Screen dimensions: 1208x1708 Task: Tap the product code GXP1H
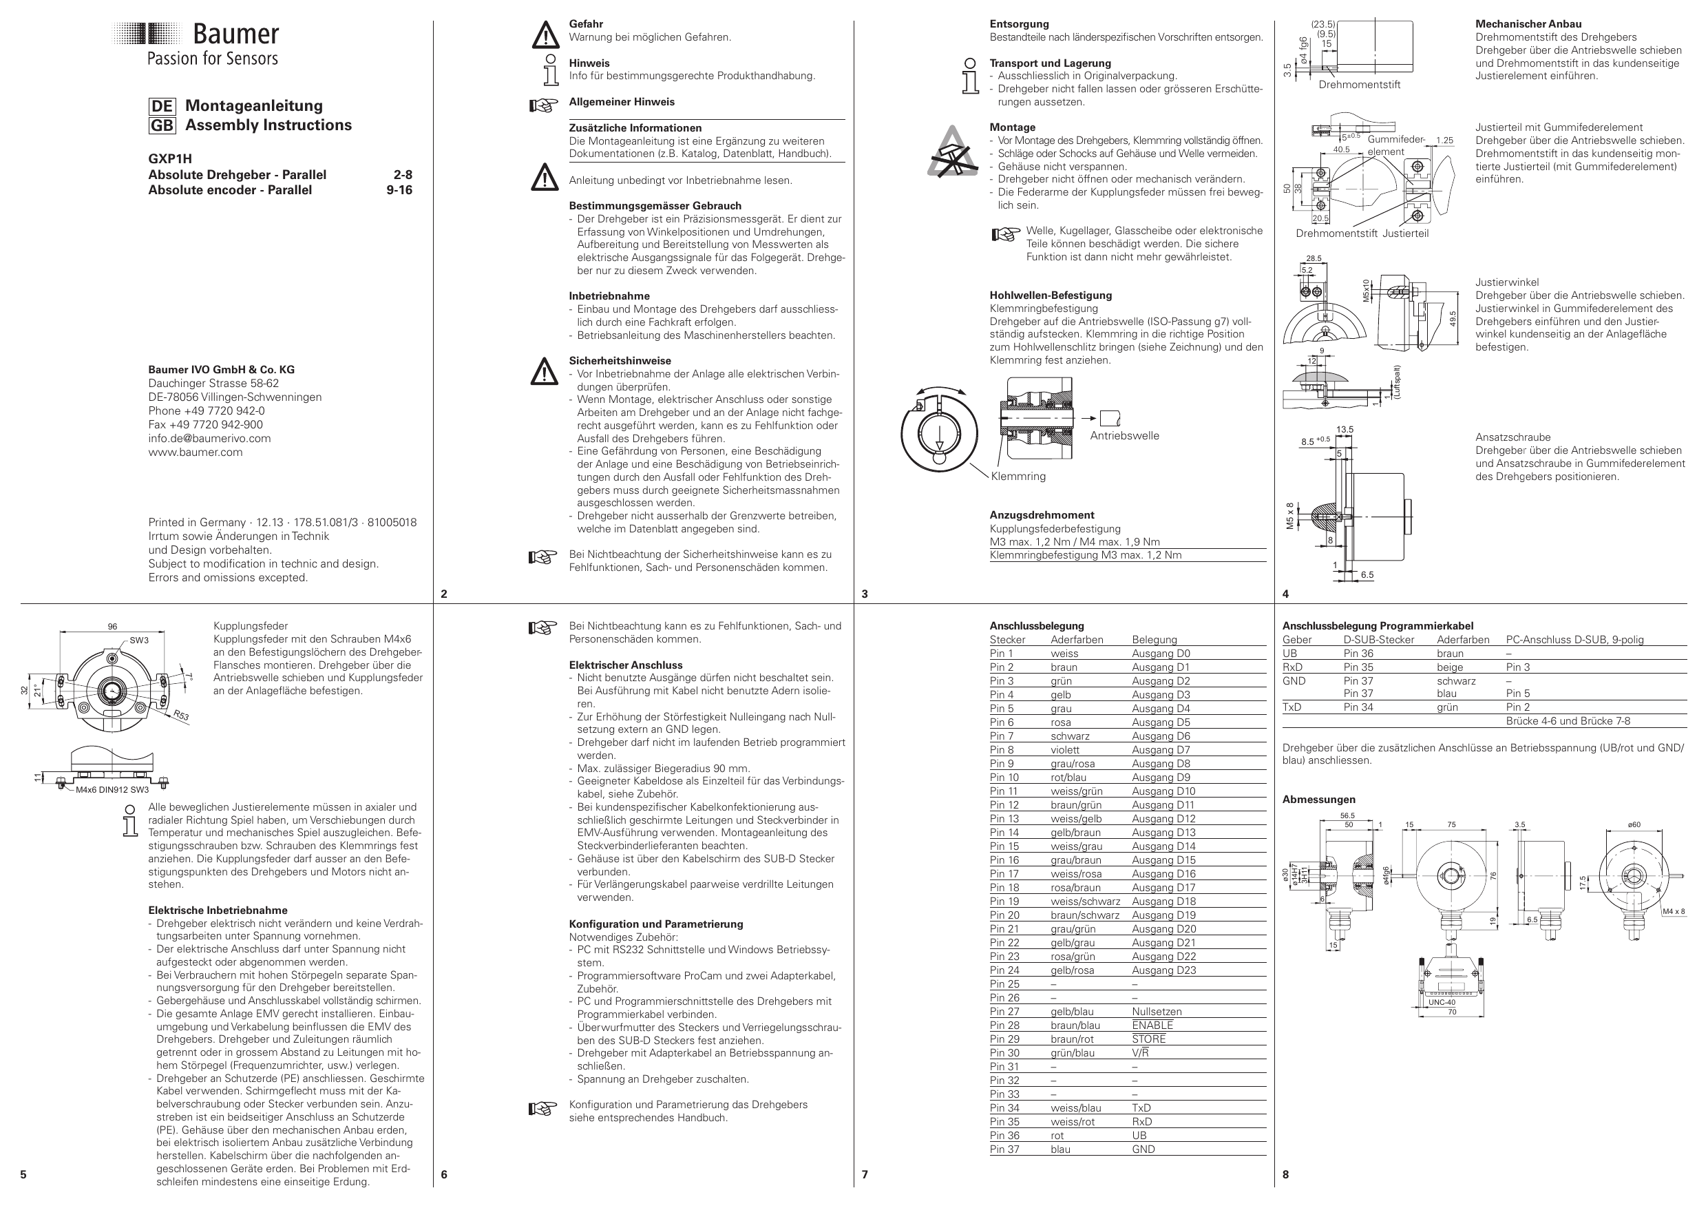(x=169, y=158)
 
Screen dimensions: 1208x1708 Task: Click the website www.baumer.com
(x=195, y=452)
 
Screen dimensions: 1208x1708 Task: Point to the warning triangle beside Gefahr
(x=545, y=34)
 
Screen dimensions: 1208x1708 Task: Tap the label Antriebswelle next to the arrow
(x=1124, y=436)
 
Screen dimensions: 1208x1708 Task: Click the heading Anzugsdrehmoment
(x=1042, y=515)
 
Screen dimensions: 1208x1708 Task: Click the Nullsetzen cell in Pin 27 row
(x=1156, y=1012)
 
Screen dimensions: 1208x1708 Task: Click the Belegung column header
(x=1154, y=640)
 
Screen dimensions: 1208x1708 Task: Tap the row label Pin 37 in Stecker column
(x=1004, y=1150)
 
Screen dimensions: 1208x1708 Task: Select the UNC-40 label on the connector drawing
(x=1441, y=1002)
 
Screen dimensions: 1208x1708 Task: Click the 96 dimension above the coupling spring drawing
(x=112, y=627)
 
